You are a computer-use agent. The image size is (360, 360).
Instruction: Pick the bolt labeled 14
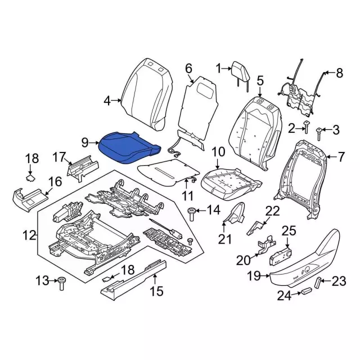coord(191,212)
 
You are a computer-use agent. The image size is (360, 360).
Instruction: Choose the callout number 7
coord(341,156)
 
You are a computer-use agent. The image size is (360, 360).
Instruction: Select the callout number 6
coord(189,69)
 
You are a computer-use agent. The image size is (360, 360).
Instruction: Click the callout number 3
coord(335,130)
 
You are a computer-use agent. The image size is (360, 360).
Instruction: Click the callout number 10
coord(218,152)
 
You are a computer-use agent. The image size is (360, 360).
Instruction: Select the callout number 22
coord(272,211)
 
